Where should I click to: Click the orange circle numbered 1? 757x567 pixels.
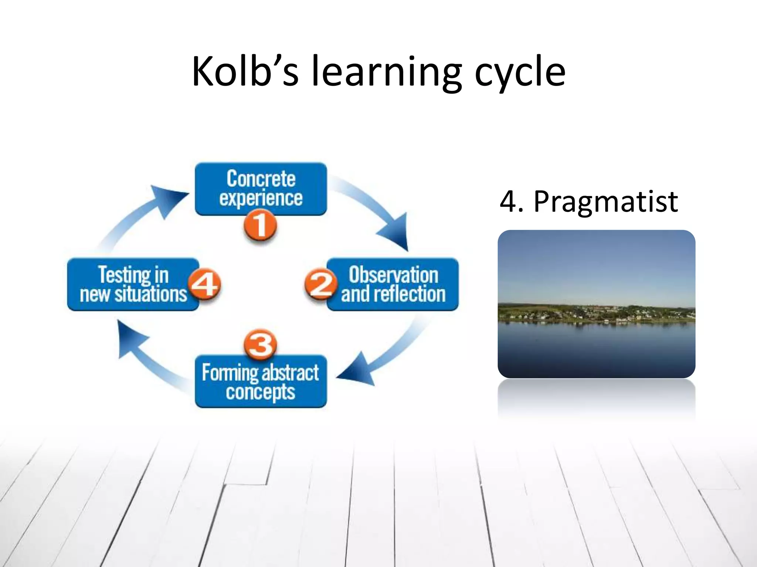[x=260, y=225]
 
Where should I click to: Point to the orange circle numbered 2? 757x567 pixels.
[x=320, y=284]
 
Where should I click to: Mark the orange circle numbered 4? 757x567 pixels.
[x=204, y=284]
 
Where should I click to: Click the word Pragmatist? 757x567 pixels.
[x=605, y=202]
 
